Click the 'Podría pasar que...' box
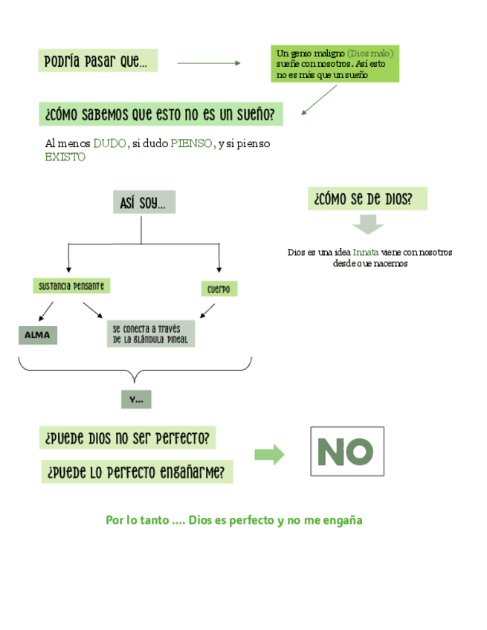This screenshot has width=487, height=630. [x=97, y=61]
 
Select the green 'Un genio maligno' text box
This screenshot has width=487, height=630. [x=335, y=64]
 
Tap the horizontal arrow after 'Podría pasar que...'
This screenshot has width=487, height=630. [x=209, y=63]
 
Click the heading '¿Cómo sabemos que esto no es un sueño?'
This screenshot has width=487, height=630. [x=160, y=114]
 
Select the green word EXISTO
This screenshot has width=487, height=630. [x=65, y=157]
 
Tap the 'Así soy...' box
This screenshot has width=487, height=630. [x=143, y=202]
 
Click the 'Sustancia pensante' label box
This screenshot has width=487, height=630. [x=71, y=285]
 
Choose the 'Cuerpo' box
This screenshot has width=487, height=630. [x=219, y=289]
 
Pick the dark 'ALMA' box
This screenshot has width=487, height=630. [x=37, y=335]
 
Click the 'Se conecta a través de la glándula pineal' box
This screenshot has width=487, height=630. [x=150, y=334]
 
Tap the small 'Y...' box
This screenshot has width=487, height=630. [x=136, y=400]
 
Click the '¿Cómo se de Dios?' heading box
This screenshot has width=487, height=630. [x=367, y=198]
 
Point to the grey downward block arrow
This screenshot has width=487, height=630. [x=367, y=224]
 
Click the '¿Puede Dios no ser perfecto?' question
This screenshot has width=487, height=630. [x=127, y=438]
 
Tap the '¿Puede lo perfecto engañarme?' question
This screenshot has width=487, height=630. [x=137, y=472]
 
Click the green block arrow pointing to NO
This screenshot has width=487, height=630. [x=269, y=455]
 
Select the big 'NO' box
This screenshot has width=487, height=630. [x=346, y=451]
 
